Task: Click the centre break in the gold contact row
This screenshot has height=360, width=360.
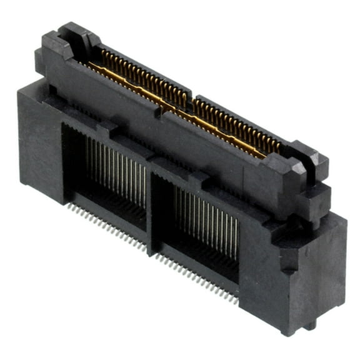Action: [x=191, y=100]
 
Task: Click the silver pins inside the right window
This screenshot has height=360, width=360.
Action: [x=206, y=216]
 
